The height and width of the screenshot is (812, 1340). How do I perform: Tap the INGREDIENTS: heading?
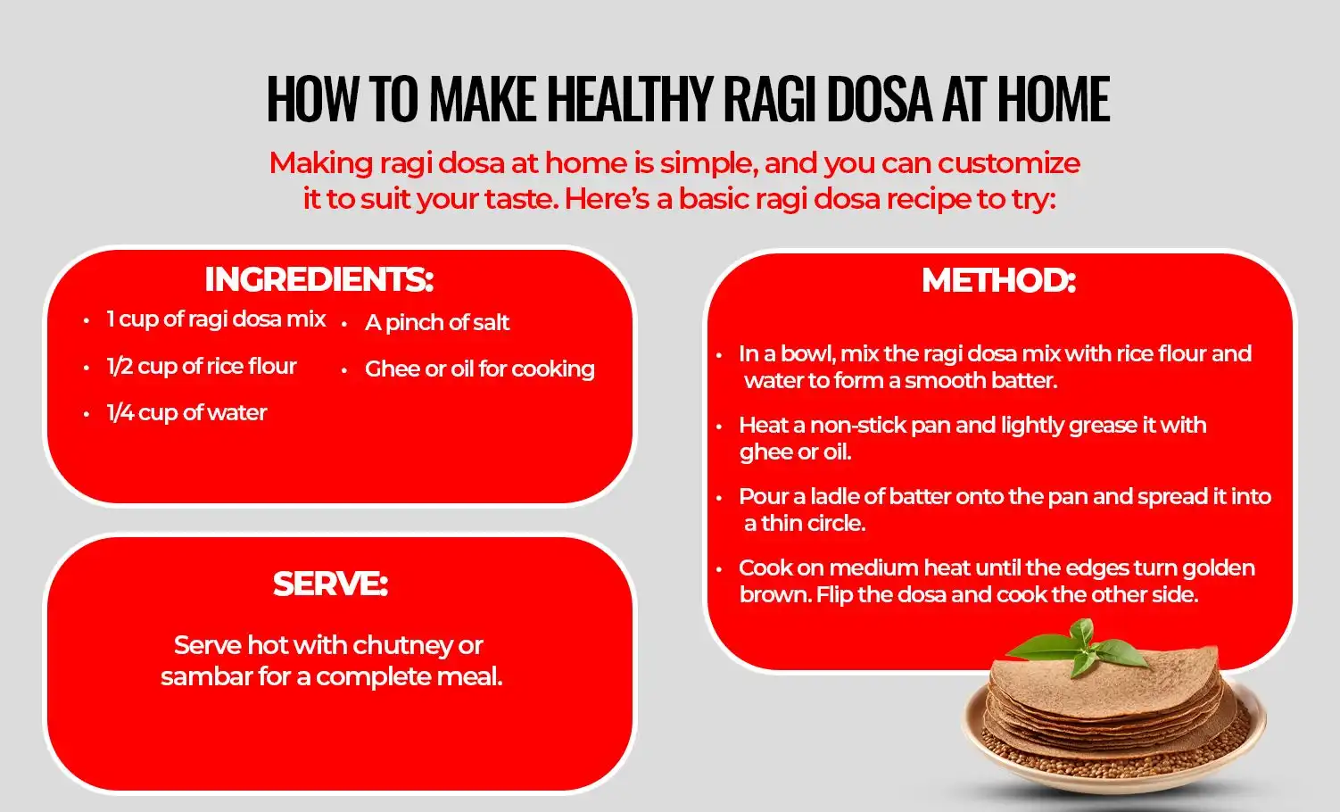click(x=318, y=279)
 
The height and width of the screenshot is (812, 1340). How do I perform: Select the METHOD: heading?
click(x=998, y=280)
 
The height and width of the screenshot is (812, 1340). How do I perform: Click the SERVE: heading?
click(x=330, y=584)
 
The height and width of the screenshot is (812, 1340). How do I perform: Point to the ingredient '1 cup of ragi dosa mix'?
click(x=216, y=319)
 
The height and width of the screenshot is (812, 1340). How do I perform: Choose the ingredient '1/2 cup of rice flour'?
click(x=201, y=366)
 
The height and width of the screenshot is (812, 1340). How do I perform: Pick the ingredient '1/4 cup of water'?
click(x=186, y=412)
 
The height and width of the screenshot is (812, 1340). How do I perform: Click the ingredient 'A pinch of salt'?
click(x=437, y=322)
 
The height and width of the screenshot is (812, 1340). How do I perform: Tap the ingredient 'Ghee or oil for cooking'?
click(x=479, y=369)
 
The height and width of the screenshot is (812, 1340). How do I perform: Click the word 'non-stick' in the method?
click(x=857, y=425)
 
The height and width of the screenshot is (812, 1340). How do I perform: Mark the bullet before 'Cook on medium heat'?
click(x=719, y=568)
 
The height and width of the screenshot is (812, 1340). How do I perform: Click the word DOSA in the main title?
click(x=880, y=99)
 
